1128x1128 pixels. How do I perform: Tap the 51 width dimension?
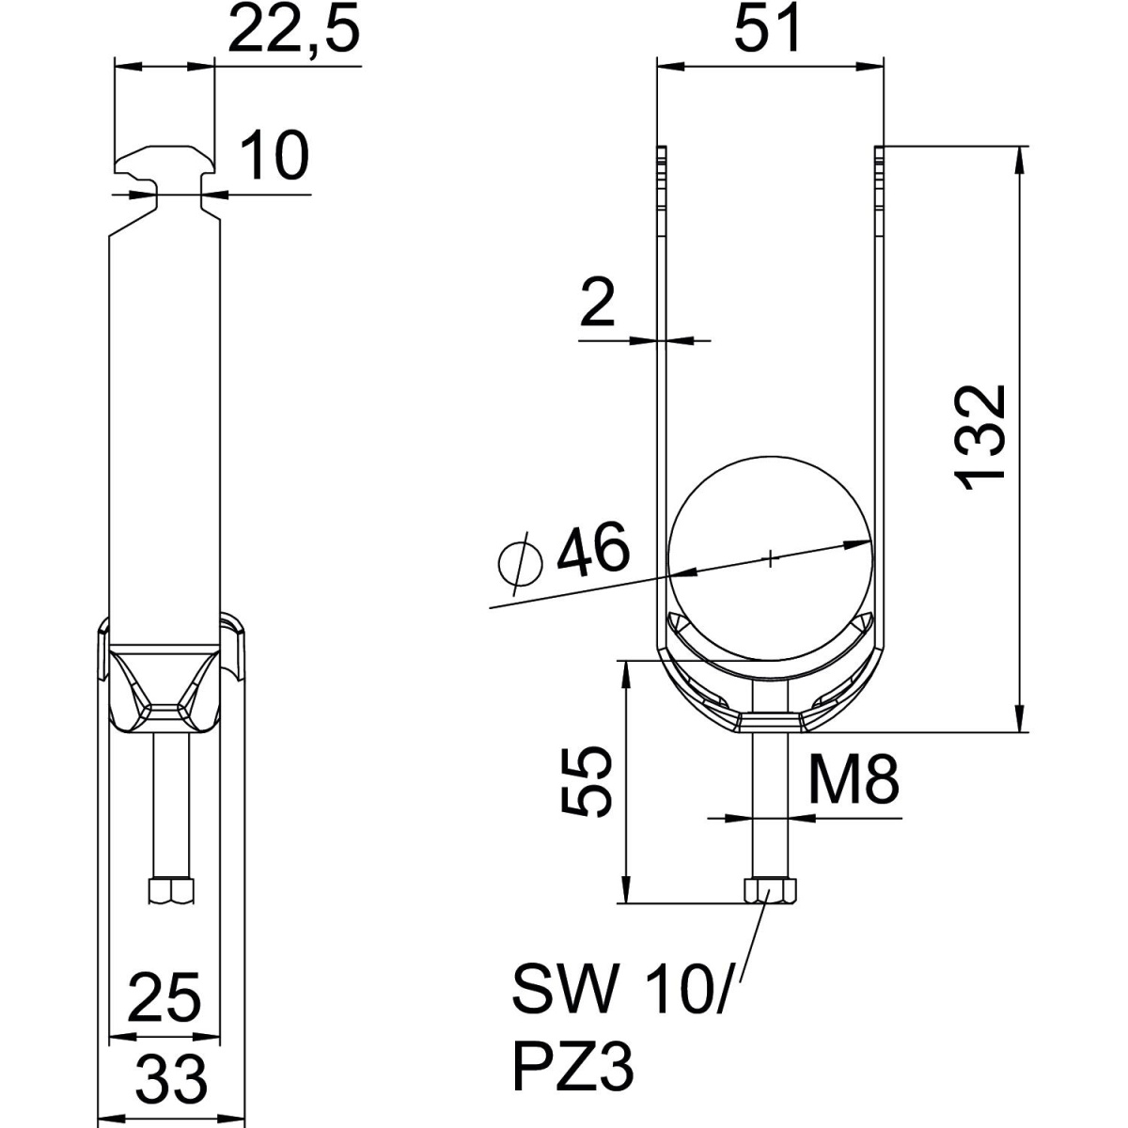pos(769,31)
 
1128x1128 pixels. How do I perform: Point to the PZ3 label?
pos(574,1067)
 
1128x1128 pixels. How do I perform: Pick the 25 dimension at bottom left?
pos(165,998)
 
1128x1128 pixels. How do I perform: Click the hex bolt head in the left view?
pos(171,891)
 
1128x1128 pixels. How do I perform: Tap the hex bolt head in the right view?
pos(770,890)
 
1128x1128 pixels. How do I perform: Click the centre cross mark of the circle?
pos(770,559)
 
